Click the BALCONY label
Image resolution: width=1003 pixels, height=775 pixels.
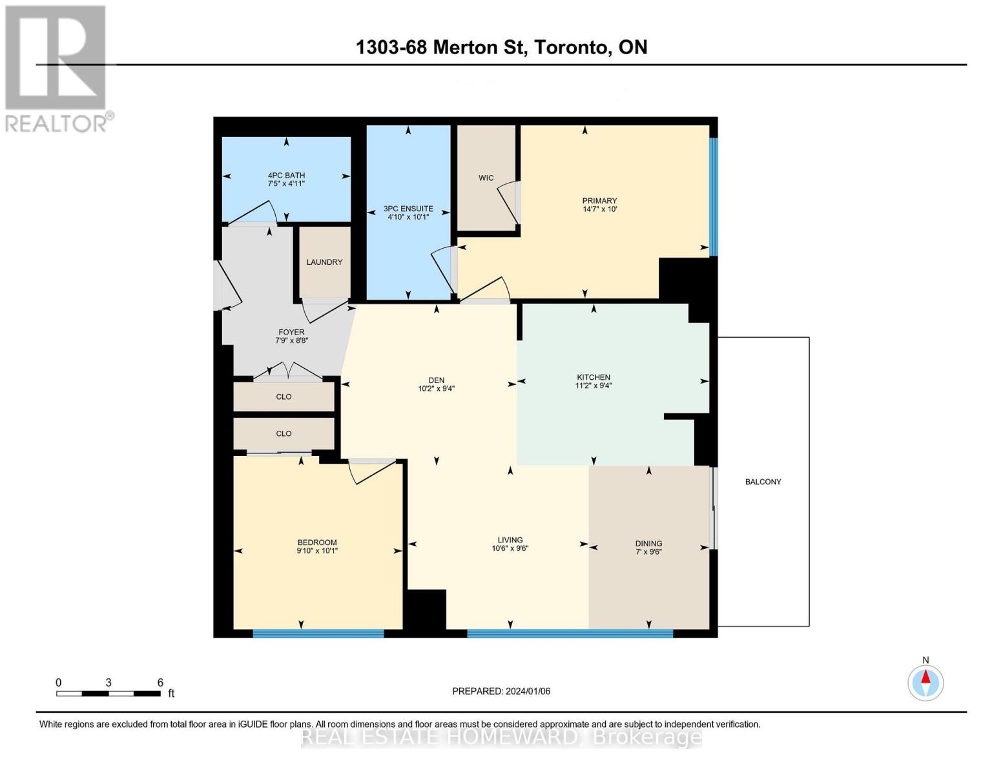coord(763,482)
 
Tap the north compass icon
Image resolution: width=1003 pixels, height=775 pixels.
coord(925,682)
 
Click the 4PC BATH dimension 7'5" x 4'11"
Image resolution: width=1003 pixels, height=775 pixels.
coord(286,184)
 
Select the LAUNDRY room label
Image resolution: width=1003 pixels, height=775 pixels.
coord(324,262)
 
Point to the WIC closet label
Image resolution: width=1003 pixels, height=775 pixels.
coord(486,178)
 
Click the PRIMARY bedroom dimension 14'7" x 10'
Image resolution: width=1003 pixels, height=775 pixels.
coord(599,209)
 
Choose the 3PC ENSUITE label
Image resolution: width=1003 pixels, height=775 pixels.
coord(408,209)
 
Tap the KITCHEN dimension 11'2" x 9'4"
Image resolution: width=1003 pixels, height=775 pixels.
coord(594,386)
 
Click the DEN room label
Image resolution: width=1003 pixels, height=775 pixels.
coord(437,380)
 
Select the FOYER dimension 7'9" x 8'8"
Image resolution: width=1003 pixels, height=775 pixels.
coord(291,340)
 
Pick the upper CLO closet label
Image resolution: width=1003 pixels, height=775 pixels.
coord(284,397)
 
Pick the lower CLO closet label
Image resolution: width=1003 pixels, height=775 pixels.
coord(284,433)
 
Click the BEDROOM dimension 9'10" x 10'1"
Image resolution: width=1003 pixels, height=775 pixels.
coord(317,551)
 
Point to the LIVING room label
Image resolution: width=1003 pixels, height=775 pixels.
coord(510,540)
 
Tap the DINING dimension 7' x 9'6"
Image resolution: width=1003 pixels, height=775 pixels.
coord(648,552)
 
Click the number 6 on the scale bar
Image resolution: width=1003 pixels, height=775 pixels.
coord(160,682)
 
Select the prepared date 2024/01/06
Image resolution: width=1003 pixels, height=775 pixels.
coord(528,691)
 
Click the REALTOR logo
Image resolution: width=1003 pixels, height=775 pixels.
coord(56,68)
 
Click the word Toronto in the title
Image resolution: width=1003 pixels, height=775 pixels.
coord(570,47)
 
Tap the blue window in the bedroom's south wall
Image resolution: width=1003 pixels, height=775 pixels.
coord(318,634)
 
